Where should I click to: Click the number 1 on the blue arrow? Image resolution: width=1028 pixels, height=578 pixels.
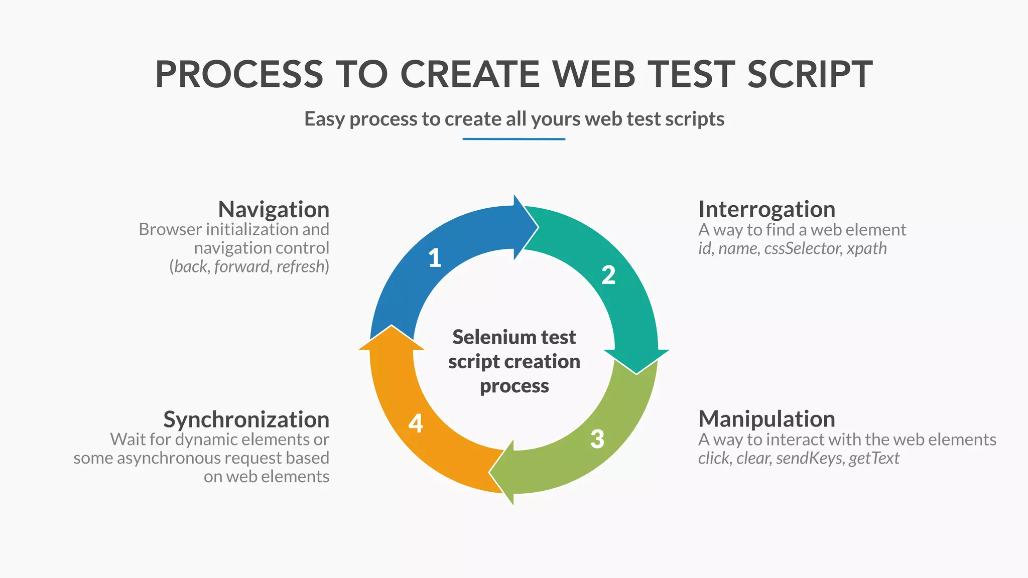click(435, 258)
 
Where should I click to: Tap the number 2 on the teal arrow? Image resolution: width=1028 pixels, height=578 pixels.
click(608, 275)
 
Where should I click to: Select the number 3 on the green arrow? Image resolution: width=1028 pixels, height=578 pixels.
click(597, 439)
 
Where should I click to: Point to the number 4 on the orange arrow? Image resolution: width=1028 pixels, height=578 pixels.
click(416, 423)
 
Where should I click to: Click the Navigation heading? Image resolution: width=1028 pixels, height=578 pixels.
click(274, 209)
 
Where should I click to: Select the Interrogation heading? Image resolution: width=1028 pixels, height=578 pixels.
click(766, 209)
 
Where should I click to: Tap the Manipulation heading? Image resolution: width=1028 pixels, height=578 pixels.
click(766, 419)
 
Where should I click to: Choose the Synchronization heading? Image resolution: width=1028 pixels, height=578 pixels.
click(246, 419)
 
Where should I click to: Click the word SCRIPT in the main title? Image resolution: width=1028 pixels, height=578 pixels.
click(810, 74)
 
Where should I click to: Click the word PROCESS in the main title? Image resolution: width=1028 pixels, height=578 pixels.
click(239, 74)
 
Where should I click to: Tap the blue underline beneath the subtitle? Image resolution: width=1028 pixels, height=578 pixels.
click(513, 139)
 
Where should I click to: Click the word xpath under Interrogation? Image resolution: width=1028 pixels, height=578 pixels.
click(867, 248)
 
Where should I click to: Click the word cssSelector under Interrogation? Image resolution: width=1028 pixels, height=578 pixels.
click(803, 248)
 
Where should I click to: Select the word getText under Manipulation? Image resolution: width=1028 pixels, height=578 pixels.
click(874, 458)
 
